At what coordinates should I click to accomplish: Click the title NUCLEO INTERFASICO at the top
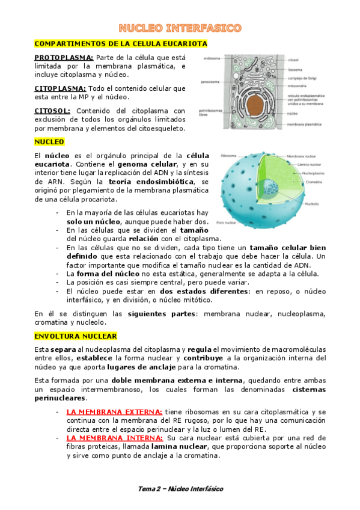click(x=180, y=28)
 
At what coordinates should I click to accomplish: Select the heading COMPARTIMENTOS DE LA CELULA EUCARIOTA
click(x=121, y=44)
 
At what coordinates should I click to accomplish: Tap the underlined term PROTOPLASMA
click(x=59, y=58)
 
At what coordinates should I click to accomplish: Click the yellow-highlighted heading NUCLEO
click(x=49, y=142)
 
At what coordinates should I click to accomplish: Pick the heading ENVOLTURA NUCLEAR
click(x=76, y=336)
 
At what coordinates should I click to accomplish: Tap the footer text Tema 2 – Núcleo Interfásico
click(x=180, y=489)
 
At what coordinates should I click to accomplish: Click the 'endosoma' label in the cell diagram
click(x=212, y=58)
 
